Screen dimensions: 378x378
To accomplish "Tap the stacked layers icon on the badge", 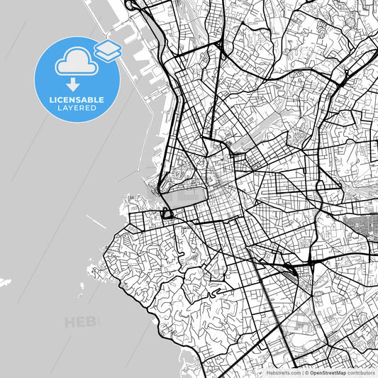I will point(107,50).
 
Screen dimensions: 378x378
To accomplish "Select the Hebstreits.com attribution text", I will point(282,372).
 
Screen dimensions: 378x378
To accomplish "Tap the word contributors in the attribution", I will point(361,372).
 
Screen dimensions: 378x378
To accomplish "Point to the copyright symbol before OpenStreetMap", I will point(306,372).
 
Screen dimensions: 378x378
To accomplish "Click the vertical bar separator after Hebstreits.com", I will point(302,372).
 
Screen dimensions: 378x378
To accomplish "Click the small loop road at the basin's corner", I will point(169,213).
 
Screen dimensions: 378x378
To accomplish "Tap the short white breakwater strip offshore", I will point(97,222).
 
